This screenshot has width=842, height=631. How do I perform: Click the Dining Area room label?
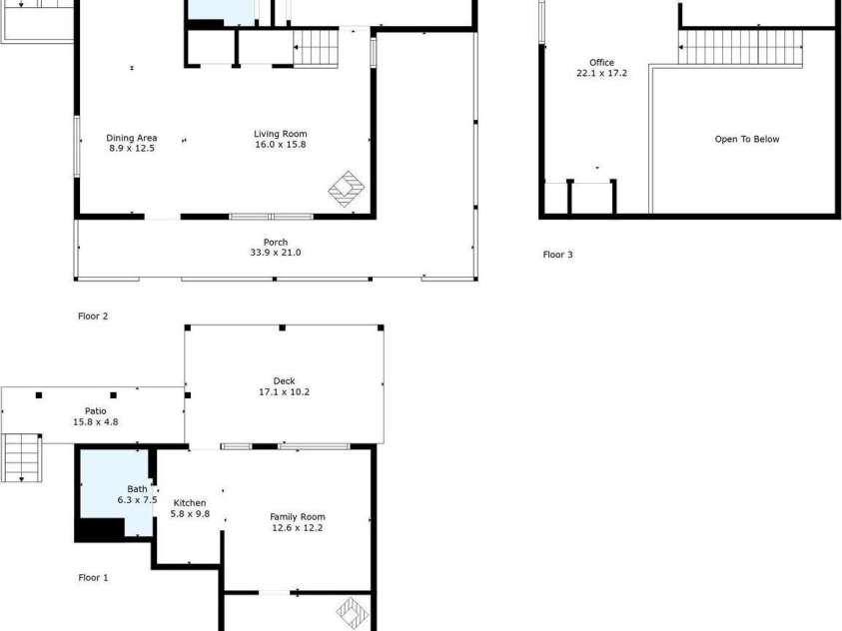(132, 138)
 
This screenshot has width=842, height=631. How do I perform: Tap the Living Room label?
(280, 133)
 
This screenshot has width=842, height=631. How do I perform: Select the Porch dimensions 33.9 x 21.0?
(276, 253)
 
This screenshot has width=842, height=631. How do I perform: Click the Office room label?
(601, 62)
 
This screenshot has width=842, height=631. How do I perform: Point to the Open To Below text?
(746, 139)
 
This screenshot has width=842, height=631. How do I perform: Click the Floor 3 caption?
(557, 255)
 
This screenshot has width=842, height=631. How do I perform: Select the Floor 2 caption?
(93, 315)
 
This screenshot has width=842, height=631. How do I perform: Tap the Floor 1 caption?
(93, 577)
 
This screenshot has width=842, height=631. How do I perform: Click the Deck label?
(284, 380)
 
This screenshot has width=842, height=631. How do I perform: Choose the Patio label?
(96, 410)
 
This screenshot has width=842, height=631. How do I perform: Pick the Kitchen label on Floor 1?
(190, 502)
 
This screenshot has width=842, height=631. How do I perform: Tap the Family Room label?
(298, 516)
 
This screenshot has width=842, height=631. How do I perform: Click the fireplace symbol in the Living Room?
(348, 188)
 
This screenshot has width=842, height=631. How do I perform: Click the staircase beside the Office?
(740, 48)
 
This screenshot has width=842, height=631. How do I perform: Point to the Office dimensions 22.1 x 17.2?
(601, 73)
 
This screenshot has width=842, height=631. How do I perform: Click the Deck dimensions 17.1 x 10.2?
(284, 391)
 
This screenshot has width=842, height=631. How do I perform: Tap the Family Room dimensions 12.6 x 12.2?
(298, 527)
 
